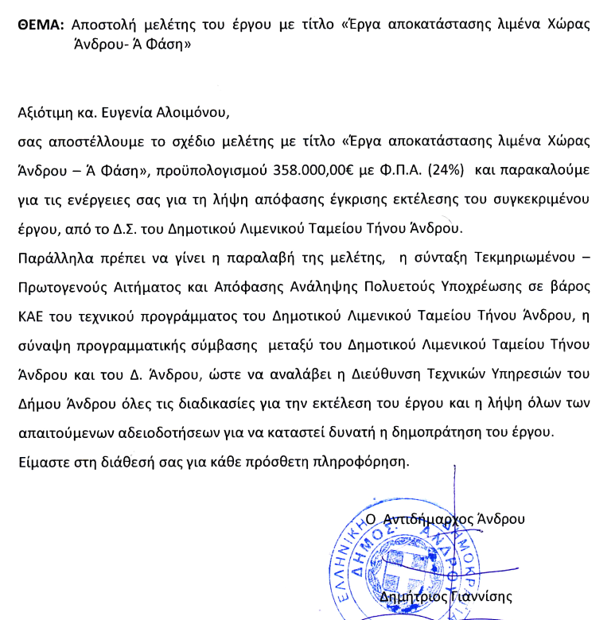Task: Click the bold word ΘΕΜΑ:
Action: click(x=41, y=25)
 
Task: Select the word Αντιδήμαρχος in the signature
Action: click(x=428, y=519)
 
